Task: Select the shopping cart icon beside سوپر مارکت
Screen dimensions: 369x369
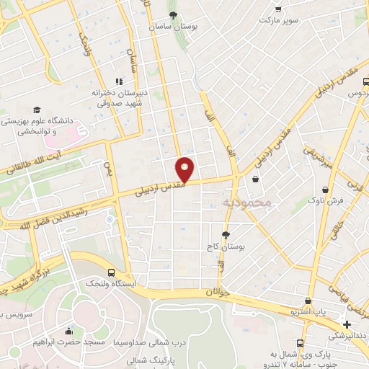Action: (278, 9)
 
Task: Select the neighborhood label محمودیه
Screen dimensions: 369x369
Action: (246, 203)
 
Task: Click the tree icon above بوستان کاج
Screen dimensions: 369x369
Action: (226, 234)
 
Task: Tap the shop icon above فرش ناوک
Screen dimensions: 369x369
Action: (326, 190)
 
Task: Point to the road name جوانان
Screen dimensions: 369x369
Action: (217, 292)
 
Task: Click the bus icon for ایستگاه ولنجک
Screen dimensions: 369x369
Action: (110, 272)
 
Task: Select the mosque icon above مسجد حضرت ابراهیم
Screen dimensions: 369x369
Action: (68, 331)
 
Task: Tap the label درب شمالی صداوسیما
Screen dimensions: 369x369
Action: (149, 343)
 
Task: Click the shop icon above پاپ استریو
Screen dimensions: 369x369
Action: (308, 301)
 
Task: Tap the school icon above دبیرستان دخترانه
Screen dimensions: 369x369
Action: (119, 82)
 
